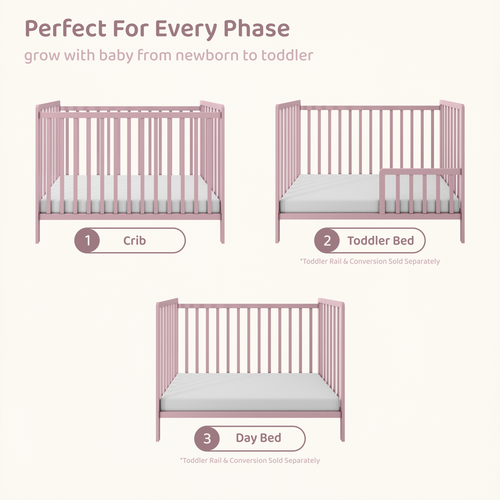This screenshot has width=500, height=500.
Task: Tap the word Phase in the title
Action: [x=257, y=28]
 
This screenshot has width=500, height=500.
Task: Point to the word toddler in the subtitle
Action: [x=287, y=55]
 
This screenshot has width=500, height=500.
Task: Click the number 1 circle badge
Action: [x=87, y=241]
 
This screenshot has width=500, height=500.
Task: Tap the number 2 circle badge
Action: [x=327, y=241]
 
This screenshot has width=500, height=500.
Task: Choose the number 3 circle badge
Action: [x=207, y=438]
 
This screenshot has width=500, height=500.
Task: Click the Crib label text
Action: [x=135, y=241]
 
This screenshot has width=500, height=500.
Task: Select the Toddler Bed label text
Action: [x=381, y=241]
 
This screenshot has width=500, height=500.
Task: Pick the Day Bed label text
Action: [x=258, y=438]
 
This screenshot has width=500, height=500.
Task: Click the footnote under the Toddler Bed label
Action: [x=370, y=261]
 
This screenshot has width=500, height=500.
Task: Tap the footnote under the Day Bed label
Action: [x=250, y=460]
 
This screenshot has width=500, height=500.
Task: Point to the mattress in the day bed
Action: [x=250, y=392]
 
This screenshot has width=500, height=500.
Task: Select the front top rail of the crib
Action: [x=130, y=115]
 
